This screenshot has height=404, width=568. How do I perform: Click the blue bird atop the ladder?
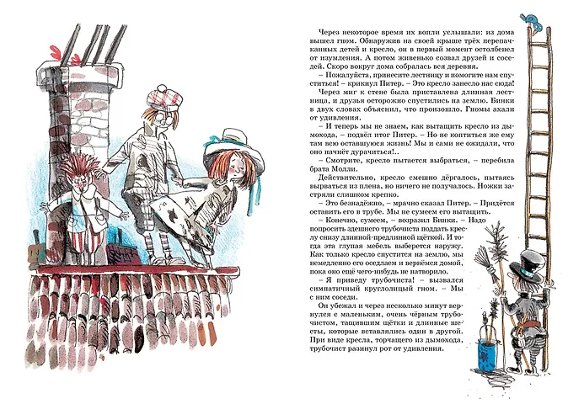coord(532,21)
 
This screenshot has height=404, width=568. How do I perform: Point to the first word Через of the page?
coord(329,32)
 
